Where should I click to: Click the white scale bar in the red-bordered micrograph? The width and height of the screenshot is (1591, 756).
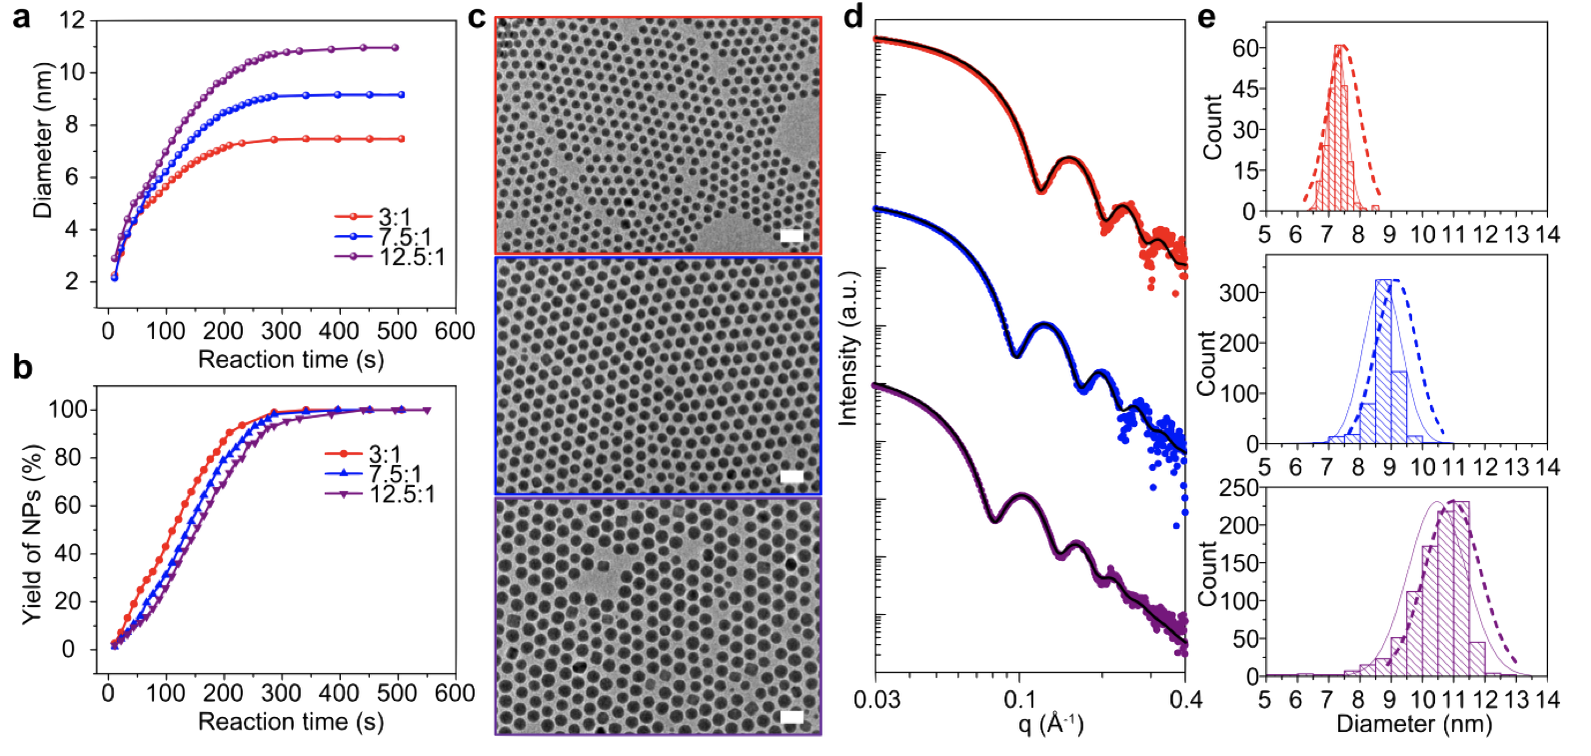pos(792,235)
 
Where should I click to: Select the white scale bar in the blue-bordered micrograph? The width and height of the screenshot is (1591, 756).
pos(792,476)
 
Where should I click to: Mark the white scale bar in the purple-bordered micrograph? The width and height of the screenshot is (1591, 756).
pos(792,717)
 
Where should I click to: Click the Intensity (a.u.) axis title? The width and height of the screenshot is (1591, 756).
pos(850,347)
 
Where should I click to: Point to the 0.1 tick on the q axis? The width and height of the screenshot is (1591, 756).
pos(1019,697)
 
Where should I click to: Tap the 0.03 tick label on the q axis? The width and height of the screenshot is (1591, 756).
pos(876,697)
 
